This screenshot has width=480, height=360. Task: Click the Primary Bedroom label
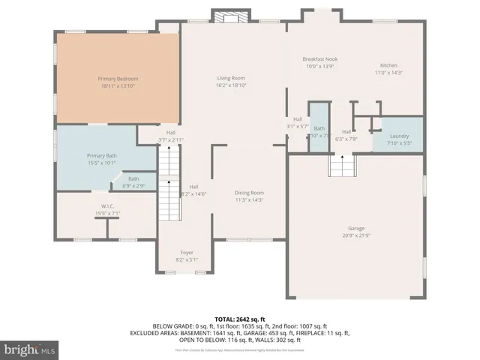point(118,79)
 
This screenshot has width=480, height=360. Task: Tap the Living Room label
point(231,79)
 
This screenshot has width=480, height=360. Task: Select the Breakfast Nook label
point(319,58)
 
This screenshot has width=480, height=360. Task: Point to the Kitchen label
point(388,65)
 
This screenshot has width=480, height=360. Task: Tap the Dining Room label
point(248,193)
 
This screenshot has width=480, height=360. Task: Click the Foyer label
point(187,253)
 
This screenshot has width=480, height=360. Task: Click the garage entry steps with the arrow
point(341,163)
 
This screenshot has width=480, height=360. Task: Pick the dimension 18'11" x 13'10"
point(118,85)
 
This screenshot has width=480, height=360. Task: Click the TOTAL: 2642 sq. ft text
point(240,318)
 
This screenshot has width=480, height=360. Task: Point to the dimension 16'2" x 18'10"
point(231,85)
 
